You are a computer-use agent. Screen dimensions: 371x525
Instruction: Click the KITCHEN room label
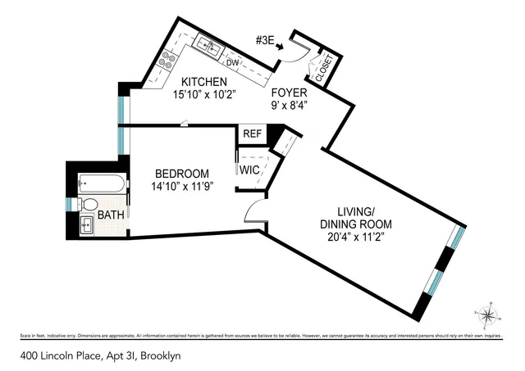pyautogui.click(x=204, y=82)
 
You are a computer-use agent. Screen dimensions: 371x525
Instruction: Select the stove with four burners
pyautogui.click(x=171, y=59)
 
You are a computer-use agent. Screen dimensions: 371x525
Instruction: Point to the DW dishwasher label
pyautogui.click(x=232, y=62)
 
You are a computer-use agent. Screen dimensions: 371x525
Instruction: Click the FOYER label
pyautogui.click(x=290, y=93)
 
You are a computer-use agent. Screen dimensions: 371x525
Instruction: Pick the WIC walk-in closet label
pyautogui.click(x=249, y=170)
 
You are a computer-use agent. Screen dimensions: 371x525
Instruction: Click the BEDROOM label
pyautogui.click(x=183, y=174)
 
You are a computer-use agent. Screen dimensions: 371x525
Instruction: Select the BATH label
pyautogui.click(x=111, y=215)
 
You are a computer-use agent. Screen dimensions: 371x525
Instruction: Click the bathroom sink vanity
pyautogui.click(x=87, y=223)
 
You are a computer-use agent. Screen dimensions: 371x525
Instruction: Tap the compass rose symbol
pyautogui.click(x=487, y=314)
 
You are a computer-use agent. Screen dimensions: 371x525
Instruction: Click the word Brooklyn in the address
pyautogui.click(x=160, y=356)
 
